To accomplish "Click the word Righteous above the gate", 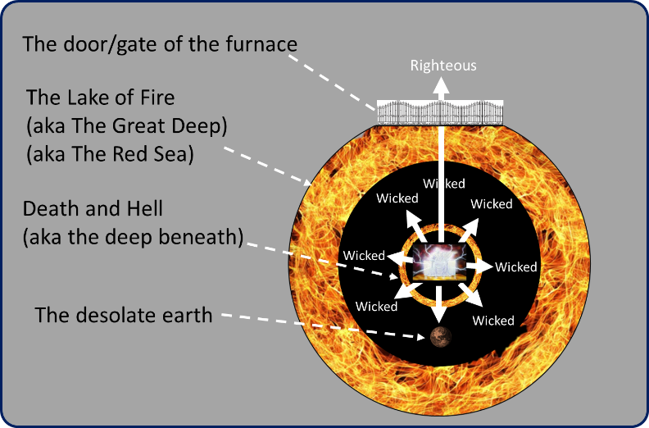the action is (443, 66).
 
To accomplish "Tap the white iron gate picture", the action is (440, 112).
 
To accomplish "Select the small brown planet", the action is (440, 336).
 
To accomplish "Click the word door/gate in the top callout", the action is (111, 45).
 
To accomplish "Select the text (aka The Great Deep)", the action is (127, 126).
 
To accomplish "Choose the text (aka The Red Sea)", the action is (110, 154).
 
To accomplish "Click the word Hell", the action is (144, 208).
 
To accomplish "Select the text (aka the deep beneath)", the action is (133, 237).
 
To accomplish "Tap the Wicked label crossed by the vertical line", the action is (443, 184).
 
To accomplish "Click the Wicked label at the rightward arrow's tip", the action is (515, 266).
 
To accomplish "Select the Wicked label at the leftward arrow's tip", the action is (364, 255).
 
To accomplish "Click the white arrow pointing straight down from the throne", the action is (439, 303).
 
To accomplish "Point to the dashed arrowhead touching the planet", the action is (421, 337).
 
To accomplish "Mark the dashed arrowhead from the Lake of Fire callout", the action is (307, 182).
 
